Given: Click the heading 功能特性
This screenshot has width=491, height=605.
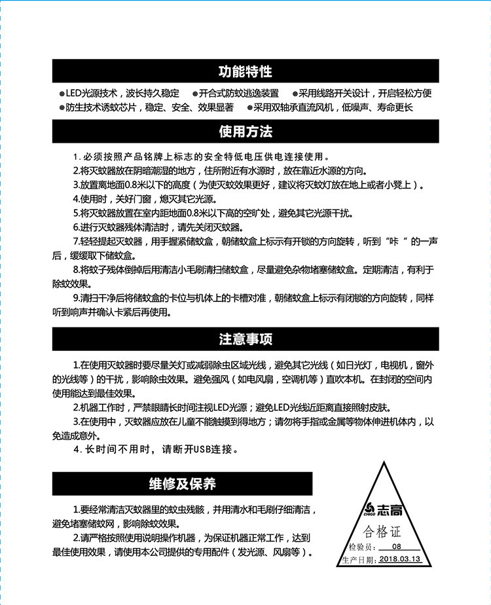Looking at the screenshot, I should pos(245,71).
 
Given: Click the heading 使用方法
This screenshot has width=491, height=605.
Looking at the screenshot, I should pos(245,132).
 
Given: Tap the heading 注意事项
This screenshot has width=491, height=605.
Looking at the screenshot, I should pos(245,339).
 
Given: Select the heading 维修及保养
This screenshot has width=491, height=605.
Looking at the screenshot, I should pos(182,485).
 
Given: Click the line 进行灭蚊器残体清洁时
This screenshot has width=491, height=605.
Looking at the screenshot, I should pos(157,227).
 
